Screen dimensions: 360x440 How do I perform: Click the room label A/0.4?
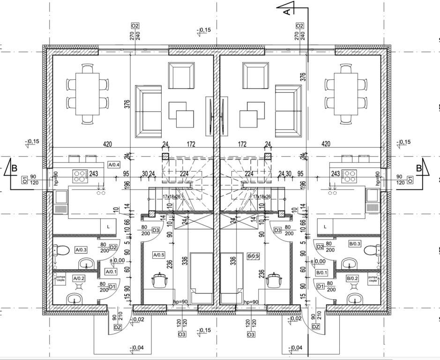114,165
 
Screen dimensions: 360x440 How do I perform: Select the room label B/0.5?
253,256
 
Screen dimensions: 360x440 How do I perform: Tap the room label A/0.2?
78,278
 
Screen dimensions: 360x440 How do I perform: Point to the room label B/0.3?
355,244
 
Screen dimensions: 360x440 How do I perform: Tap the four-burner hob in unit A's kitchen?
81,176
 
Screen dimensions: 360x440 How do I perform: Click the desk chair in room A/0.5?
160,280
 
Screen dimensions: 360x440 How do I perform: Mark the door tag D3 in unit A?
156,230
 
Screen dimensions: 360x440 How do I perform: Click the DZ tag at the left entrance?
117,327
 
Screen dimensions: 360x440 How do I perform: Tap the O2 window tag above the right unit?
299,26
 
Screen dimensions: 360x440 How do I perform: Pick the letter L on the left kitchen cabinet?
108,226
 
